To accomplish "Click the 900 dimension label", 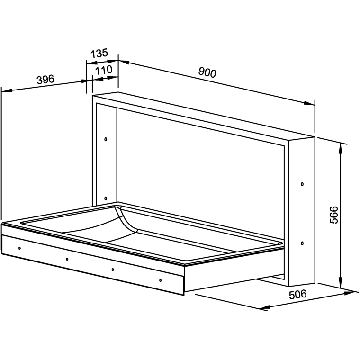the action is click(207, 72).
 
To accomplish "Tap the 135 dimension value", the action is click(99, 53).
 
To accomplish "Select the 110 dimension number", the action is click(104, 70).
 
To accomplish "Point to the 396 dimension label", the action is click(45, 79).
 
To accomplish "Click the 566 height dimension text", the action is click(333, 215).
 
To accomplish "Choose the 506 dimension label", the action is click(297, 294).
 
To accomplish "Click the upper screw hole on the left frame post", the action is click(106, 139).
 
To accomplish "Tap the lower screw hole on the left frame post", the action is click(106, 198).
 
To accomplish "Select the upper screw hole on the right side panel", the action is click(302, 184).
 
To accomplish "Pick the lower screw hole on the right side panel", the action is click(302, 243).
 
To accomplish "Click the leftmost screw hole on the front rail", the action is click(19, 248).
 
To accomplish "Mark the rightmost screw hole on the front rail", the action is click(160, 280).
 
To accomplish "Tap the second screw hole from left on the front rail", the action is click(67, 259).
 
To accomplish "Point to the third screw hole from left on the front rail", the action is click(113, 270).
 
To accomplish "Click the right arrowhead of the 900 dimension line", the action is click(309, 103).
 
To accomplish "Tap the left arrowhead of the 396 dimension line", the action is click(7, 90).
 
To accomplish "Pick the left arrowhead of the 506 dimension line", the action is click(264, 307).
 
